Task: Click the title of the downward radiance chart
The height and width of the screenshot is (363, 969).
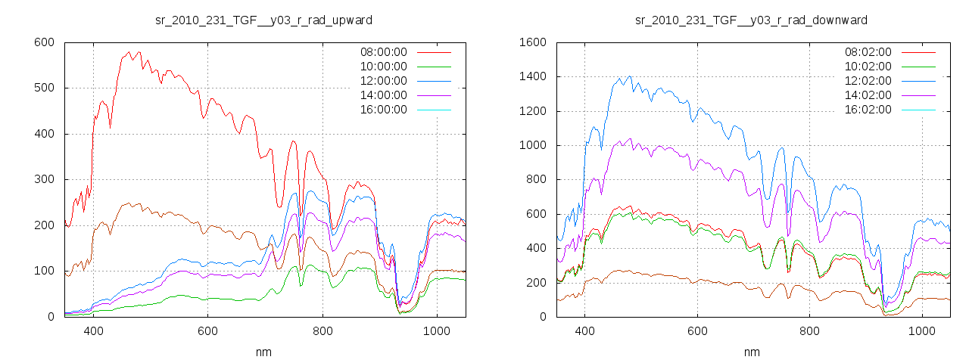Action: [x=751, y=20]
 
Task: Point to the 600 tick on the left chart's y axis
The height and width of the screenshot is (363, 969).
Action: [x=44, y=42]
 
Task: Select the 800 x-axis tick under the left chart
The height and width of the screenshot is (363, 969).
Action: [x=322, y=331]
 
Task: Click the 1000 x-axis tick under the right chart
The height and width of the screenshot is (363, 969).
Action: [x=923, y=331]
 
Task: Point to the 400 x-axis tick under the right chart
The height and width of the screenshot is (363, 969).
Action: [x=584, y=331]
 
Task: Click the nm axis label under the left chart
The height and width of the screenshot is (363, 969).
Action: [x=264, y=352]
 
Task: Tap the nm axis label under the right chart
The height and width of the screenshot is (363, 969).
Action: [x=752, y=352]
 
